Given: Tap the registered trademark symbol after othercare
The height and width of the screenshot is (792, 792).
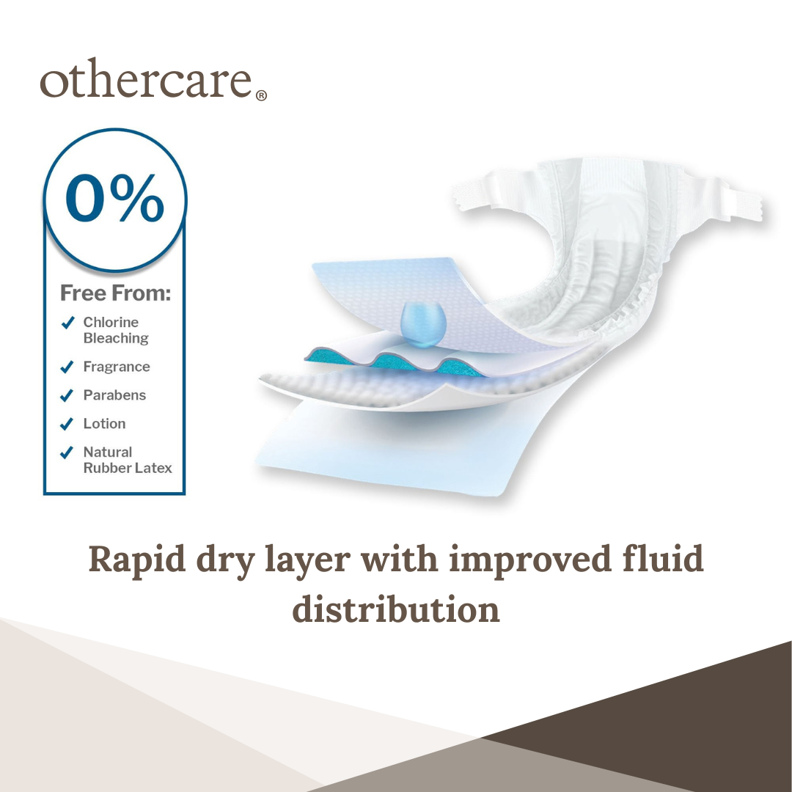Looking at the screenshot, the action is point(261,95).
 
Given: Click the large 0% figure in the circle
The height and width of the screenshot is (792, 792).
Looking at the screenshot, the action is point(114,198).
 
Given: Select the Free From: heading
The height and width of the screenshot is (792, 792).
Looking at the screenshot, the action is point(116,293).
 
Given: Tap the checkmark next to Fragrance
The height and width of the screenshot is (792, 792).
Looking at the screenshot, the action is point(67,367).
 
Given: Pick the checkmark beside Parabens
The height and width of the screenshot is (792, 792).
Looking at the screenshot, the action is point(67,395).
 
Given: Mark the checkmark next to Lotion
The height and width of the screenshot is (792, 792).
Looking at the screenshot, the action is point(67,424).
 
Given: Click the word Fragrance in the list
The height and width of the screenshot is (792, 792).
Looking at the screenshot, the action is point(117,367).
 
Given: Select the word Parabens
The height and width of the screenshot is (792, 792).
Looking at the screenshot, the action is point(114,395).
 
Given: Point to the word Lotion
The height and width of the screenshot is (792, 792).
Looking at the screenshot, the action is point(105,423).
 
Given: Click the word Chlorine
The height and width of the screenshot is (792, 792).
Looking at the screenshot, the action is point(111,322).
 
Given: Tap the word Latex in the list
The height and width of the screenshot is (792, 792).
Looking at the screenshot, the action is point(155,468).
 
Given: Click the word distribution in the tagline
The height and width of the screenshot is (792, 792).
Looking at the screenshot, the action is point(396,609).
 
